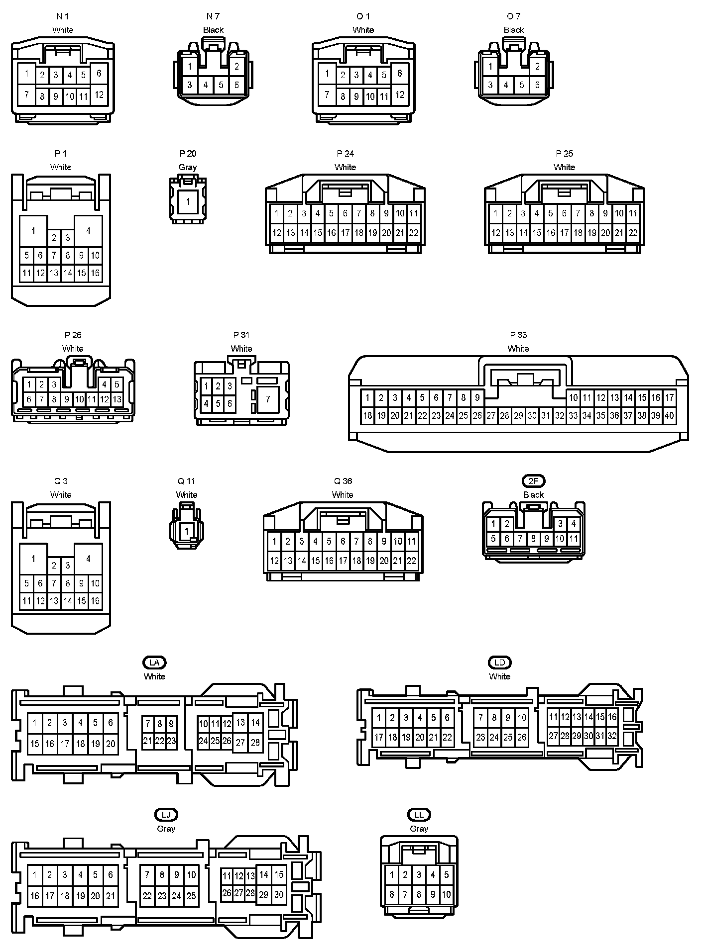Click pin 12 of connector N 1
pyautogui.click(x=99, y=95)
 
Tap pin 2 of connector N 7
pyautogui.click(x=236, y=67)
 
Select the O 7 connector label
pyautogui.click(x=514, y=16)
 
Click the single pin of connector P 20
pyautogui.click(x=188, y=202)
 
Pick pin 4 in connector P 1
pyautogui.click(x=88, y=231)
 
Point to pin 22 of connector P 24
pyautogui.click(x=414, y=233)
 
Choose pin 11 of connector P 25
pyautogui.click(x=633, y=213)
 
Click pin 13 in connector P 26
pyautogui.click(x=117, y=399)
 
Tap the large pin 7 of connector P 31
pyautogui.click(x=268, y=399)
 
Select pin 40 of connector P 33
pyautogui.click(x=669, y=415)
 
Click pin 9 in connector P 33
pyautogui.click(x=477, y=397)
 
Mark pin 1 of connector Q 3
pyautogui.click(x=33, y=559)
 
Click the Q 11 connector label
pyautogui.click(x=187, y=481)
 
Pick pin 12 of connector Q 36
pyautogui.click(x=274, y=561)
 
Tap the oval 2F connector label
pyautogui.click(x=533, y=481)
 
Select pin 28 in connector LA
pyautogui.click(x=255, y=743)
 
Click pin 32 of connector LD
pyautogui.click(x=612, y=736)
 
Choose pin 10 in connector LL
pyautogui.click(x=447, y=894)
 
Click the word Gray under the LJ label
pyautogui.click(x=166, y=829)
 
